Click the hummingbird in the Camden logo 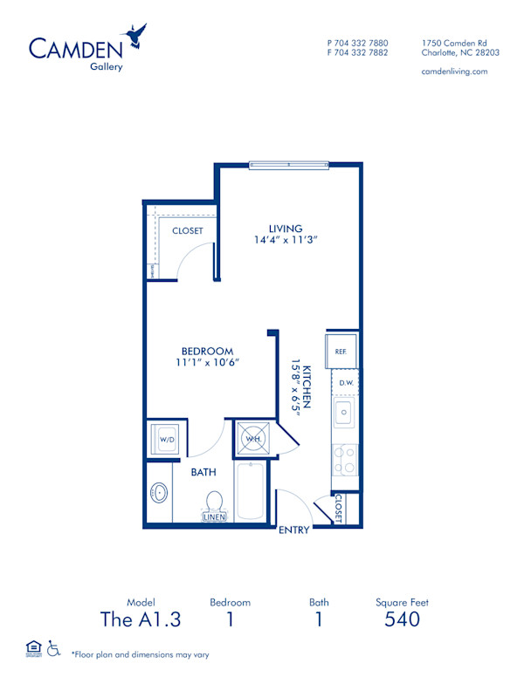coord(136,36)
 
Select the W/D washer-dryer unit coord(167,440)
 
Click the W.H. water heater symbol coord(253,438)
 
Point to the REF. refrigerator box coord(341,351)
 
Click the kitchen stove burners coord(344,460)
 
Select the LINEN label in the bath coord(214,517)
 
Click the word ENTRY coord(295,530)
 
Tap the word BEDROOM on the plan coord(207,351)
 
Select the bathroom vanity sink coord(159,493)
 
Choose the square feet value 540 coord(402,619)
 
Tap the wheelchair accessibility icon coord(54,647)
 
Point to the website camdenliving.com coord(454,72)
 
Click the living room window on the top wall coord(288,164)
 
